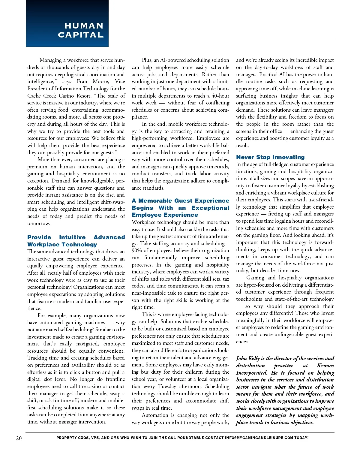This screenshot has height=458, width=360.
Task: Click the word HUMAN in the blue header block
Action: tap(84, 26)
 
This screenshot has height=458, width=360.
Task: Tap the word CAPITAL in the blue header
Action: tap(81, 35)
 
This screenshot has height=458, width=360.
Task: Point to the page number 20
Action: tap(19, 438)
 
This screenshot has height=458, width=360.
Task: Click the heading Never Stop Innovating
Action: tap(270, 157)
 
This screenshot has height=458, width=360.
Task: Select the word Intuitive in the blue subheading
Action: tap(72, 237)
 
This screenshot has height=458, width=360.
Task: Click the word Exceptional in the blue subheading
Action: tap(210, 208)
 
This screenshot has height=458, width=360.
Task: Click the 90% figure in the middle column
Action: tap(137, 250)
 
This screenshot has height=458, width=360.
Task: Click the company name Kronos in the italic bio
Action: tap(325, 366)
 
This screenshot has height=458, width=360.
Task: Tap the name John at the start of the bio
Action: tap(241, 358)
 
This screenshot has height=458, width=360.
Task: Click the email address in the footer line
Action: tap(259, 438)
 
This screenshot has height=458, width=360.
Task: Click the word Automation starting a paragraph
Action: tap(155, 415)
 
